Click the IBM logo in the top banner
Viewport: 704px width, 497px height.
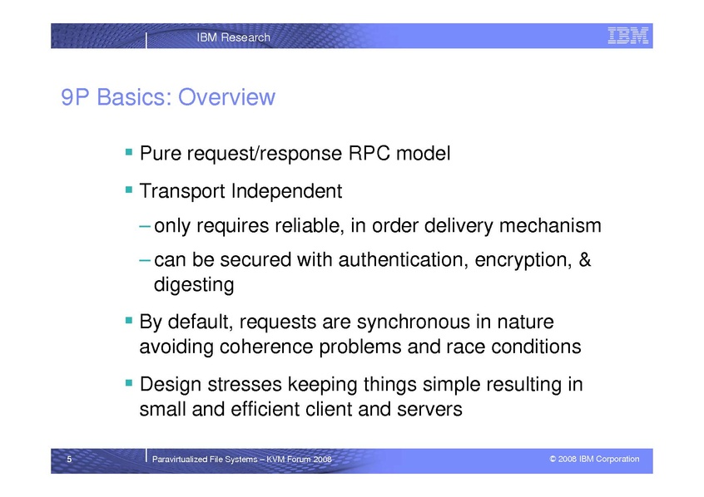(x=628, y=36)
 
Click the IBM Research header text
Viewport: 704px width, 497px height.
(x=234, y=37)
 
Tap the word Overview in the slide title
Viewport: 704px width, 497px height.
(x=226, y=97)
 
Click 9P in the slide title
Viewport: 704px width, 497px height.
(x=75, y=97)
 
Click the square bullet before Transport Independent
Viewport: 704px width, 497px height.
(x=129, y=189)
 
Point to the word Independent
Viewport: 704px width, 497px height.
(x=286, y=191)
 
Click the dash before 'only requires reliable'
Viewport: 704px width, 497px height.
(x=145, y=225)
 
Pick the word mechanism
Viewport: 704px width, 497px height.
(x=550, y=225)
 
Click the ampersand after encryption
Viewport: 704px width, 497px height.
(x=584, y=259)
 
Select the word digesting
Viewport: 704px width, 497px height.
(x=194, y=285)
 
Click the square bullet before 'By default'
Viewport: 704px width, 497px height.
(x=129, y=320)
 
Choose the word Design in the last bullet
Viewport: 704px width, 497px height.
(x=170, y=385)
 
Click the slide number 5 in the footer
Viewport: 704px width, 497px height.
(x=69, y=459)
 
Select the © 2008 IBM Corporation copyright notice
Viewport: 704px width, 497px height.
(x=594, y=459)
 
